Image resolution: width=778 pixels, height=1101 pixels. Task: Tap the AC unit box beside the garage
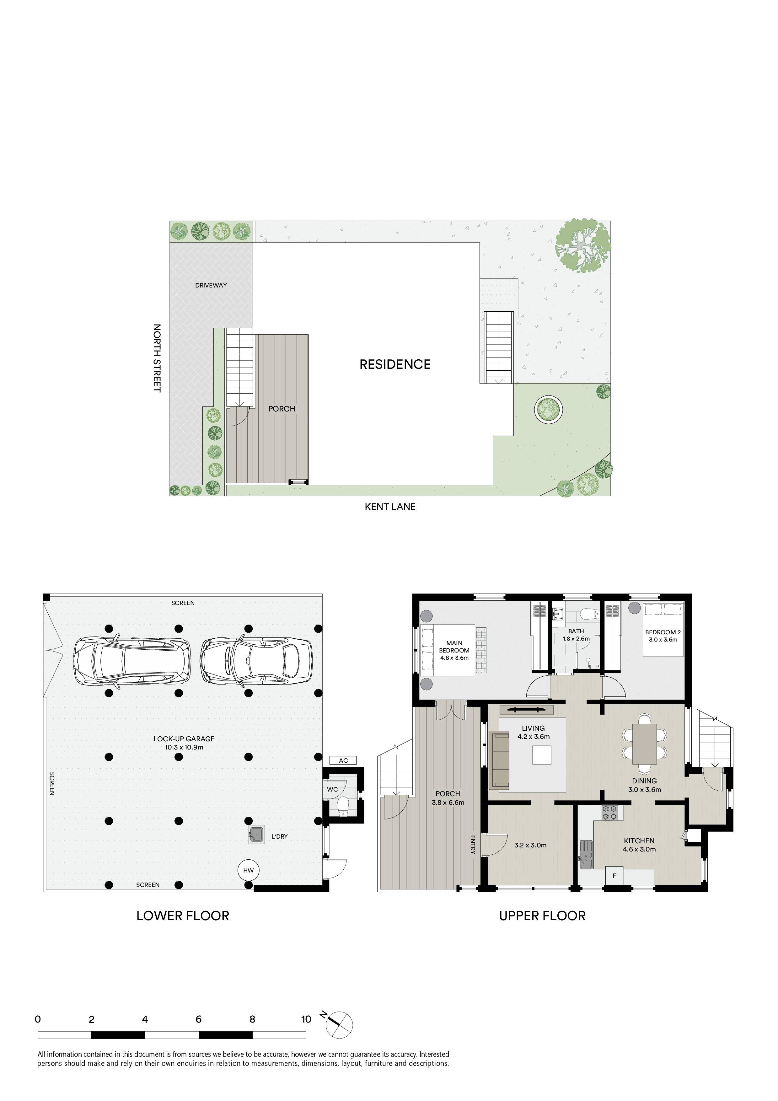pyautogui.click(x=343, y=760)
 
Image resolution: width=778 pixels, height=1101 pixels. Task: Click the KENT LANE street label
pyautogui.click(x=390, y=507)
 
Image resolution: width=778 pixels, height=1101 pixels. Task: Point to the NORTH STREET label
pyautogui.click(x=157, y=358)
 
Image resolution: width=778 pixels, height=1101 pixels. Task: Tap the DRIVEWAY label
pyautogui.click(x=211, y=285)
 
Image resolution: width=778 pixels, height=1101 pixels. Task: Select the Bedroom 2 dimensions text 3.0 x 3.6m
pyautogui.click(x=663, y=639)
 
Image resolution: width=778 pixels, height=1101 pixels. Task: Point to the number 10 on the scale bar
pyautogui.click(x=306, y=1019)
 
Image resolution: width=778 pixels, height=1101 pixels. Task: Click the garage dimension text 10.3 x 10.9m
pyautogui.click(x=184, y=747)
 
